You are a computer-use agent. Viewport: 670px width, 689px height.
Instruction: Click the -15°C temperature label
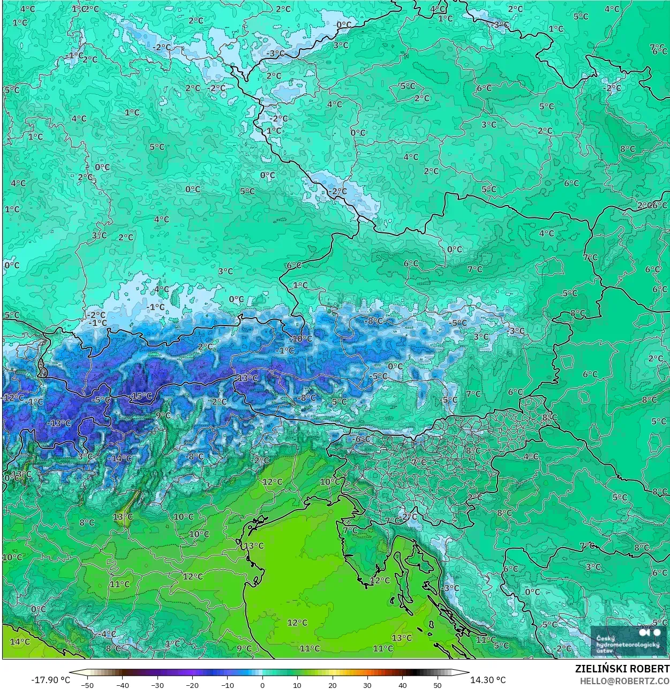tap(141, 396)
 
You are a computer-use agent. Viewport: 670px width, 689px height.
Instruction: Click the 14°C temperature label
tap(19, 641)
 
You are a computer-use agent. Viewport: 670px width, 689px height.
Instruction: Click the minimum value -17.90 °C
tap(50, 680)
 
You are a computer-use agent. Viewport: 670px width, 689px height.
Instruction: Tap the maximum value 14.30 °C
tap(488, 680)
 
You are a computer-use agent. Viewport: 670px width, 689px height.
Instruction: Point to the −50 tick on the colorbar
tap(87, 685)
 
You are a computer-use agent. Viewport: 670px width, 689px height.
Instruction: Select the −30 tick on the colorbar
tap(157, 685)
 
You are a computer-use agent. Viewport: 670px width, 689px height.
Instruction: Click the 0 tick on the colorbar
tap(262, 685)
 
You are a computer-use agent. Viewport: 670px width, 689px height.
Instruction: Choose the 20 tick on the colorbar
tap(333, 685)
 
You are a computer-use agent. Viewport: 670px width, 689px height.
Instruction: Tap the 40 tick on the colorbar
tap(403, 685)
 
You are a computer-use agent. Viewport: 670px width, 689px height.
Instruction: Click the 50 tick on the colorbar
tap(438, 685)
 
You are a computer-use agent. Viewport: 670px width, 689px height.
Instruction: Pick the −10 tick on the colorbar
tap(227, 685)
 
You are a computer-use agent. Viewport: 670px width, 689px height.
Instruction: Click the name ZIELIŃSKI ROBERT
tap(622, 669)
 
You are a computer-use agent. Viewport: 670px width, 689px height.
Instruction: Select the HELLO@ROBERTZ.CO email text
tap(624, 681)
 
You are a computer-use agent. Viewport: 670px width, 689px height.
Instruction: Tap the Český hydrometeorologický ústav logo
tap(629, 641)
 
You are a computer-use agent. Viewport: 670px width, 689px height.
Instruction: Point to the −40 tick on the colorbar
tap(122, 685)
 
